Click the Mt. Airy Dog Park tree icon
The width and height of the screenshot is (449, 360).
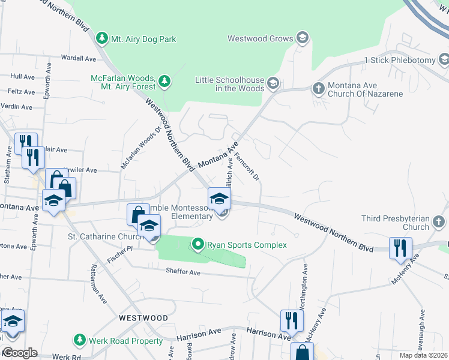tap(103, 39)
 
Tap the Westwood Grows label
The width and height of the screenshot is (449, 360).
tap(260, 38)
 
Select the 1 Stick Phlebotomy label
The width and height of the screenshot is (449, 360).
tap(399, 61)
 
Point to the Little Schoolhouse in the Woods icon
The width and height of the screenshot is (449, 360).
tap(274, 83)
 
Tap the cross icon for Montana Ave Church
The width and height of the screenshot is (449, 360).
tap(319, 88)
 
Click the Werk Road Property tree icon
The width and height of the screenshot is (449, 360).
tap(79, 340)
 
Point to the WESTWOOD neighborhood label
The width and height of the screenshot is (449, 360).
tap(143, 317)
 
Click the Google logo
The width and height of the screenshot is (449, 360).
tap(20, 353)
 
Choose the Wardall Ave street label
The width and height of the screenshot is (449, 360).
tap(79, 59)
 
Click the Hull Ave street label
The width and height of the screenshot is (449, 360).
tap(23, 77)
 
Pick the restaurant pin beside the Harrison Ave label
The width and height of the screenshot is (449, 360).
tap(291, 320)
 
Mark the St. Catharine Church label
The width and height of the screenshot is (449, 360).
tap(105, 237)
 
